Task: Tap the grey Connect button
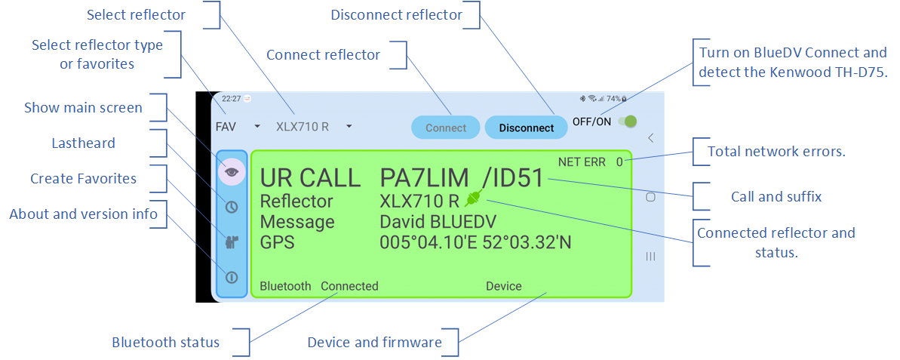click(x=446, y=128)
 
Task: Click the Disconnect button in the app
click(x=527, y=128)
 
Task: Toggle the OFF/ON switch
click(x=627, y=122)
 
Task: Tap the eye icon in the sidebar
click(x=232, y=171)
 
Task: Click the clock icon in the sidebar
click(x=232, y=207)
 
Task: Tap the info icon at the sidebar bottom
click(x=232, y=277)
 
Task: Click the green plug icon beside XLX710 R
click(x=473, y=199)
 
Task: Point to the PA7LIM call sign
click(x=423, y=178)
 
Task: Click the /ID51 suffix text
click(x=512, y=178)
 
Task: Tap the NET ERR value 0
click(x=619, y=162)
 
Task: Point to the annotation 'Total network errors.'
click(x=776, y=152)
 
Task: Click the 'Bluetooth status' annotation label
click(x=165, y=342)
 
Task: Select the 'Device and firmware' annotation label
click(x=374, y=342)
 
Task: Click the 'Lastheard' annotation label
click(x=83, y=143)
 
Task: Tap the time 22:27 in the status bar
click(x=232, y=99)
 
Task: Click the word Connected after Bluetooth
click(x=349, y=286)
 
